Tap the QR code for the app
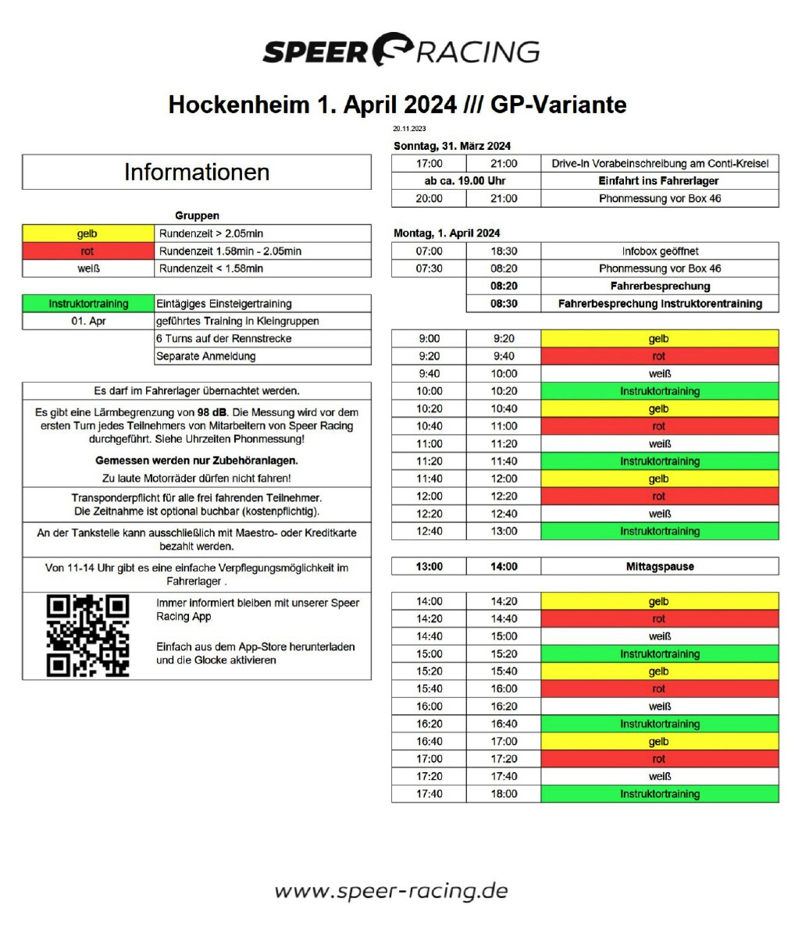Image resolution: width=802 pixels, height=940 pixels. (x=87, y=636)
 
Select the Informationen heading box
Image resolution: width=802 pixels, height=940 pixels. (x=197, y=172)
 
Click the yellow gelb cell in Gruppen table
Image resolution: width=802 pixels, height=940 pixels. (x=88, y=233)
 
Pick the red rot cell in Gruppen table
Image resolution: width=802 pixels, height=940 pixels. (x=88, y=251)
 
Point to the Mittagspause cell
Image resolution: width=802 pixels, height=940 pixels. (x=659, y=567)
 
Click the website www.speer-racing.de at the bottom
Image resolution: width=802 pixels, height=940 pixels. (x=391, y=891)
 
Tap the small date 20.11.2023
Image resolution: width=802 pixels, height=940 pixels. (x=409, y=129)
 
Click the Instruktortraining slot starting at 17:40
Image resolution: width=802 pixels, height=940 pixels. (x=659, y=794)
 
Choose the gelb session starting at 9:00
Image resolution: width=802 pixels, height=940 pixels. (x=659, y=339)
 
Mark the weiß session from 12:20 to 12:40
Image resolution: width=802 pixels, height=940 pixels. (x=659, y=514)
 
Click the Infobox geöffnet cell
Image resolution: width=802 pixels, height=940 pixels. (x=659, y=251)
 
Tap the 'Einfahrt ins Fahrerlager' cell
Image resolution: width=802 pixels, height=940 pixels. (x=659, y=181)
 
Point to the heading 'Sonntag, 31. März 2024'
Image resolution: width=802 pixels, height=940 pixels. (x=452, y=146)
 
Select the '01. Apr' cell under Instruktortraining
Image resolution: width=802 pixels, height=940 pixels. (x=88, y=321)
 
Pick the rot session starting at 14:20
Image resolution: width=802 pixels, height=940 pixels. (x=659, y=619)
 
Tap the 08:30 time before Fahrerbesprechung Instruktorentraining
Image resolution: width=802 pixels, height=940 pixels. (x=504, y=304)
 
